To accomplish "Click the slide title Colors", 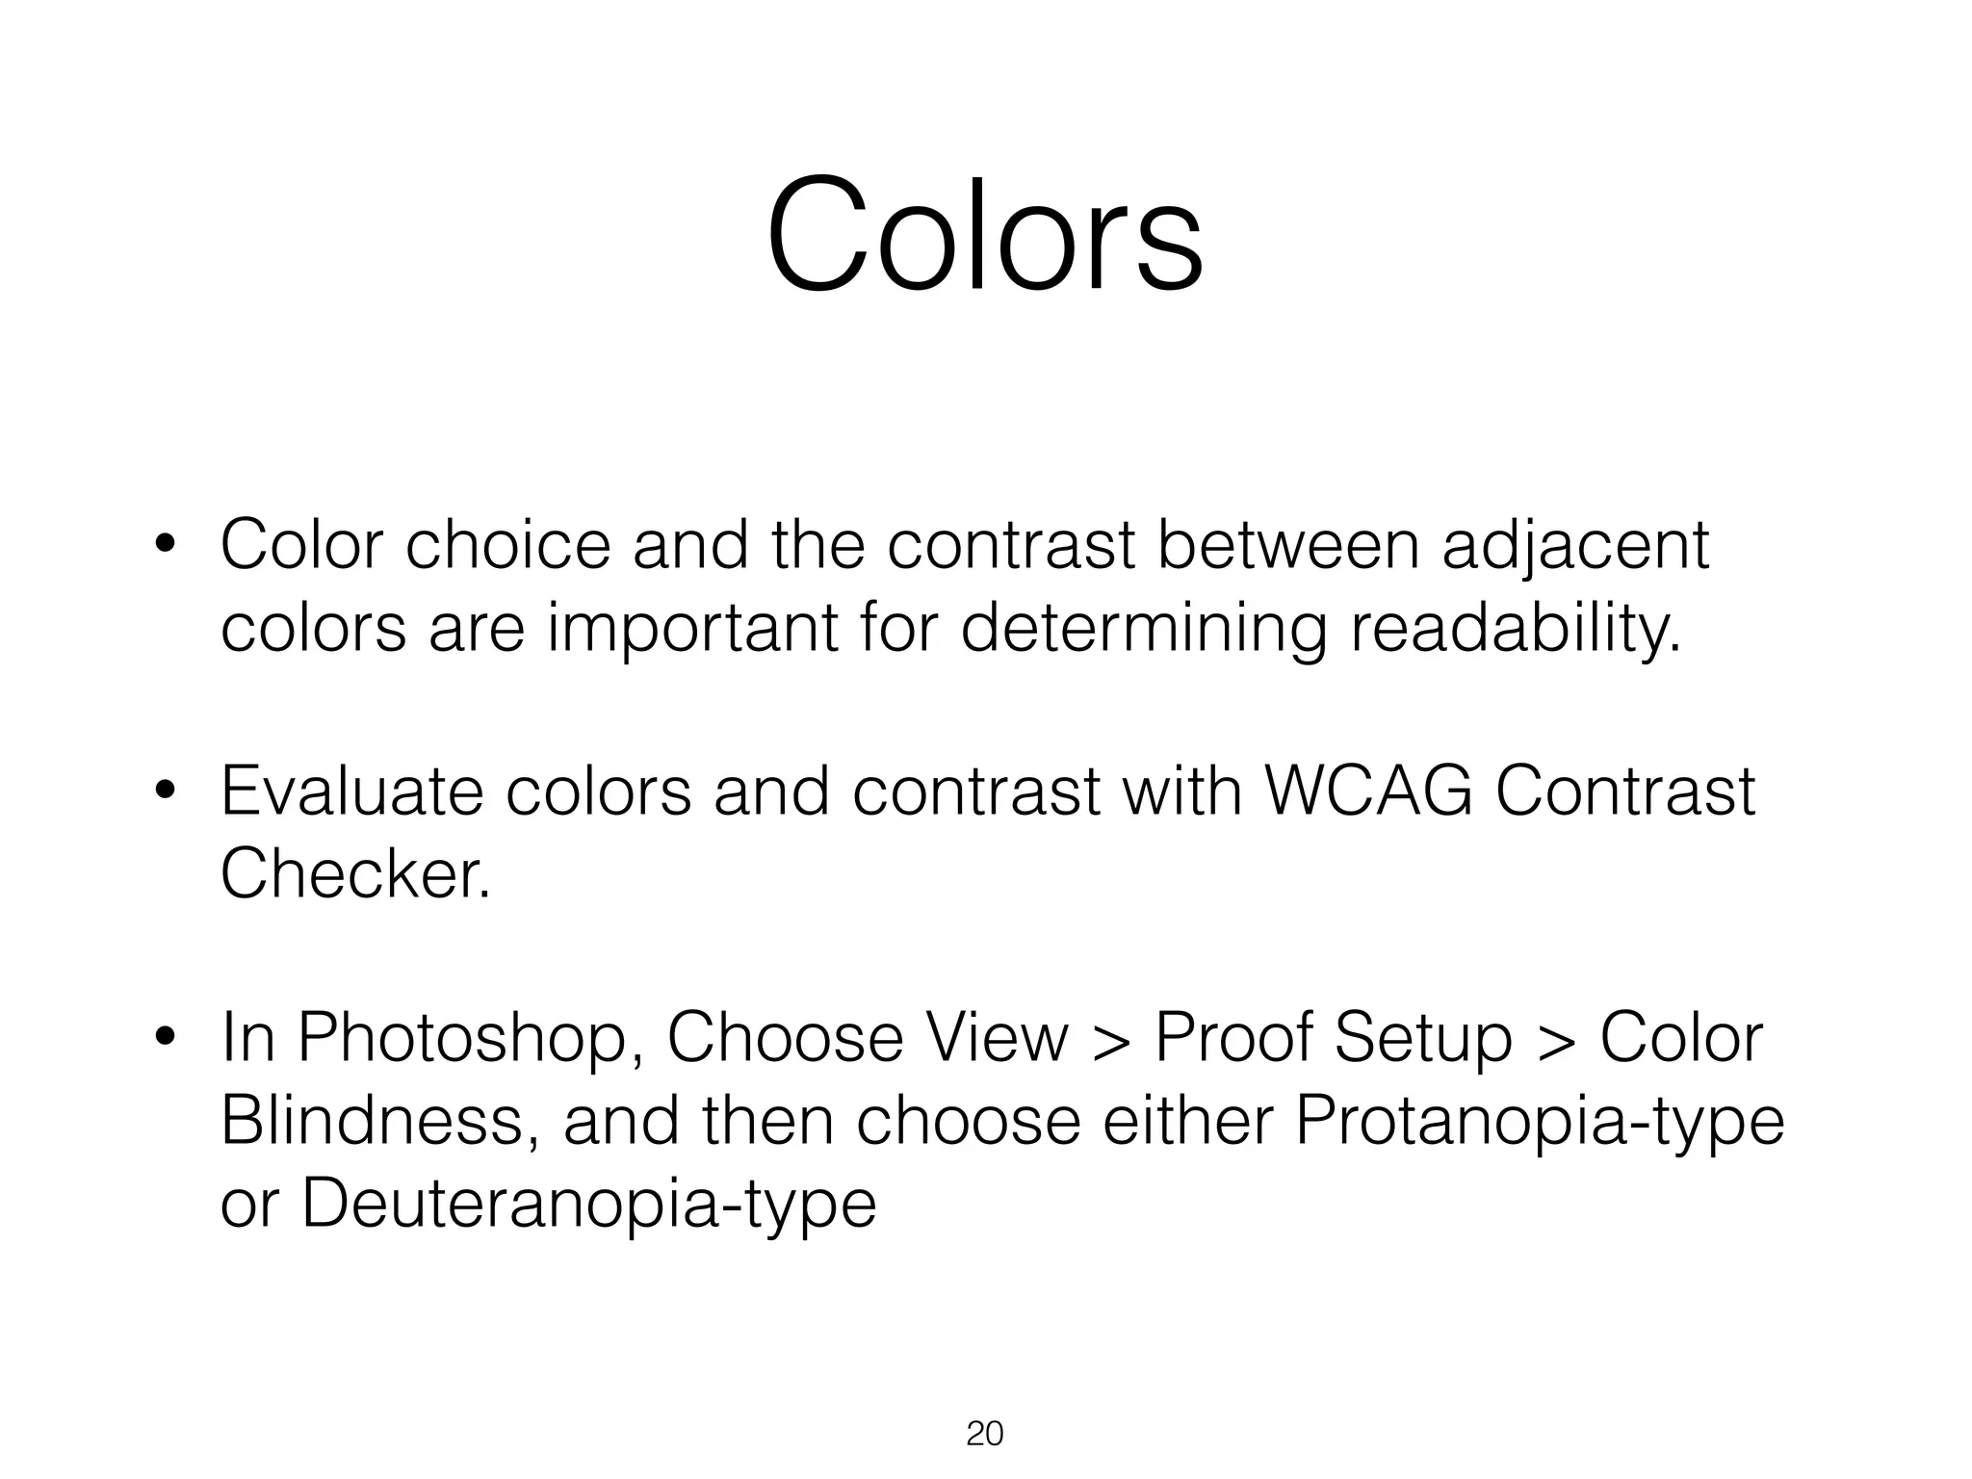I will point(984,234).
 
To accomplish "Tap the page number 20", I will point(984,1434).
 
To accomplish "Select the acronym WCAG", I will point(1367,791).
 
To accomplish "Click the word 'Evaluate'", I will point(351,791).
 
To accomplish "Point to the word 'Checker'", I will point(354,874).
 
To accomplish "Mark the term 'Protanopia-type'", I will point(1540,1123).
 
